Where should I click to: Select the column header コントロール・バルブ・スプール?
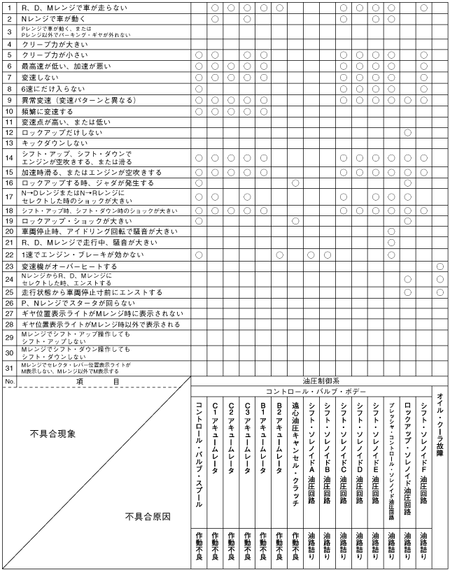coord(199,448)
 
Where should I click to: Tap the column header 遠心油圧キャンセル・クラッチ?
coord(295,448)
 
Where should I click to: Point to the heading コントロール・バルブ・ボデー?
coord(312,392)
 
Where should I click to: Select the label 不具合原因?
coord(148,536)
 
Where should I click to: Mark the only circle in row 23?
coord(440,266)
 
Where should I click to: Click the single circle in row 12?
coord(407,132)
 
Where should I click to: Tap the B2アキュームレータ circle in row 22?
coord(279,255)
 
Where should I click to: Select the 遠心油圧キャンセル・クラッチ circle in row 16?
coord(295,183)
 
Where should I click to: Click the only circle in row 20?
coord(391,231)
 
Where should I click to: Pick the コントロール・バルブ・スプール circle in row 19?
coord(199,220)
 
